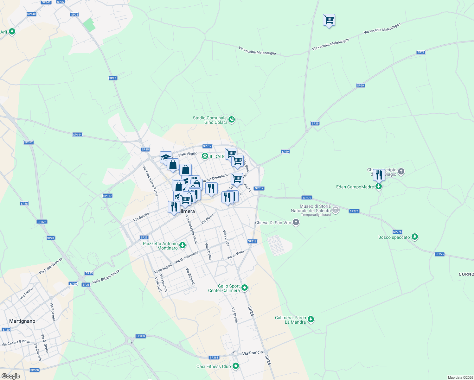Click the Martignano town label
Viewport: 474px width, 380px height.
point(22,321)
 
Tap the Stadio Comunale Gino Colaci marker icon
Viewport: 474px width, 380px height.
point(232,120)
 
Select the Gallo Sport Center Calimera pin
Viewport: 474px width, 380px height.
point(244,288)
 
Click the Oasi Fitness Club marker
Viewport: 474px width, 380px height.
point(235,366)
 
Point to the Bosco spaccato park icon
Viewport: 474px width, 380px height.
point(414,237)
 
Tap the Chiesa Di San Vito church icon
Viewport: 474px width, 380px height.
point(296,222)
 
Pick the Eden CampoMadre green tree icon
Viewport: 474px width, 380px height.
point(378,187)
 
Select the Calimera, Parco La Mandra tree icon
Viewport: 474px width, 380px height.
point(311,319)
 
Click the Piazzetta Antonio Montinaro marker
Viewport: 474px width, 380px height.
point(182,245)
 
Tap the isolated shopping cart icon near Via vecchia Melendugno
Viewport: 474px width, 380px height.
point(329,20)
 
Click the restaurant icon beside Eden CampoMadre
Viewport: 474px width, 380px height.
point(379,175)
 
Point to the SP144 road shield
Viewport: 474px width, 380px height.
point(77,135)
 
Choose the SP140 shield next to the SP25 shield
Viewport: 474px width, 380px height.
point(46,2)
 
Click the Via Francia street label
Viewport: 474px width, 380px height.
point(253,353)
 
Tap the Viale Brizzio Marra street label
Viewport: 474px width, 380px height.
point(106,276)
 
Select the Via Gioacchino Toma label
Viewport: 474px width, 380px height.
point(150,181)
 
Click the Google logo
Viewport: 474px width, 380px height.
point(10,376)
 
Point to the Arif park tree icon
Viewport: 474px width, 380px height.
point(12,32)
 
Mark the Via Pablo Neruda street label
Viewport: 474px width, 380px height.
point(51,266)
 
